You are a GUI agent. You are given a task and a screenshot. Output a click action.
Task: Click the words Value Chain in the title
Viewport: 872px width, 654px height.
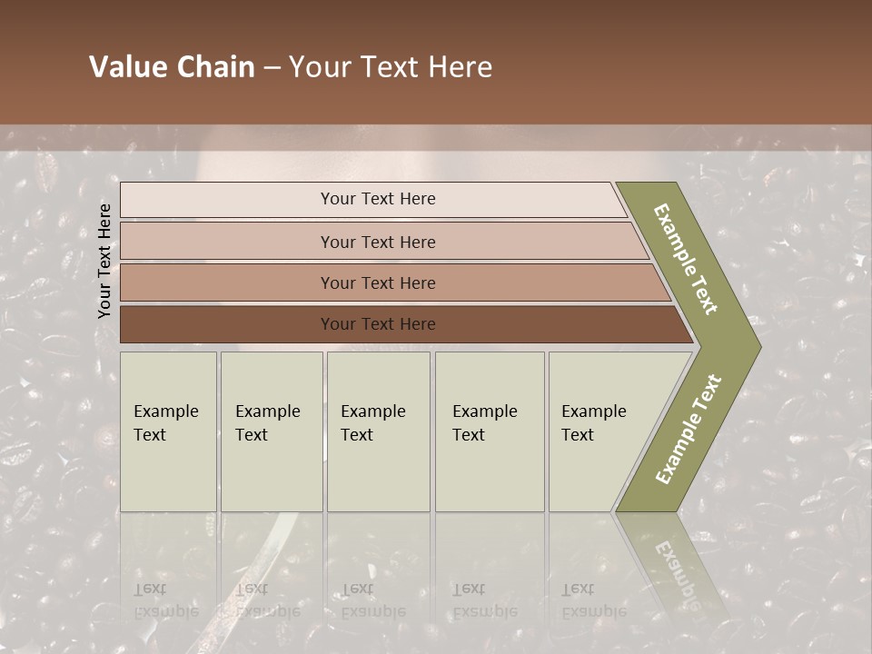[172, 67]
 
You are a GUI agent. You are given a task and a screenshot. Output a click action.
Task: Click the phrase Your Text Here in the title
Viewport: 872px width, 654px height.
[391, 67]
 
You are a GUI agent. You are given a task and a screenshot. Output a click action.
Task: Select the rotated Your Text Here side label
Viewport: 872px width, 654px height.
[104, 261]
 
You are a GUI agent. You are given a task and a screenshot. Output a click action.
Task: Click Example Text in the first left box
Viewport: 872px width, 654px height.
[165, 422]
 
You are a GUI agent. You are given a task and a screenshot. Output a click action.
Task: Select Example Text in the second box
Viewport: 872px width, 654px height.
[267, 422]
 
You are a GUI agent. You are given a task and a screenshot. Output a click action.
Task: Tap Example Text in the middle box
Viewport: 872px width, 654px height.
[372, 422]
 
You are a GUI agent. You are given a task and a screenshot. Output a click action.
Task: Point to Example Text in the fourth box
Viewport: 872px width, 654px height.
[484, 422]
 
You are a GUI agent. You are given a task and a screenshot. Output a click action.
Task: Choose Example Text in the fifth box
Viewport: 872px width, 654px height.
[593, 422]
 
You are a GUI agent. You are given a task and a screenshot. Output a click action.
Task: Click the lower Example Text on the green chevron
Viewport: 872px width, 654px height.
[689, 429]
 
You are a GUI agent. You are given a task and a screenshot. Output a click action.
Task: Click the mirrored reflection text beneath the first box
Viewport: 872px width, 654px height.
[165, 599]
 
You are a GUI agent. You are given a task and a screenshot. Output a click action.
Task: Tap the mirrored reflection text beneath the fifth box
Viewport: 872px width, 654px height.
[593, 599]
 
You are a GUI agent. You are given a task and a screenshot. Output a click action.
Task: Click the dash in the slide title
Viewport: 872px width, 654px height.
[272, 67]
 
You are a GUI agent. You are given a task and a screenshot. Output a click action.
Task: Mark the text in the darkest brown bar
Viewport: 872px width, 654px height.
[378, 324]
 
